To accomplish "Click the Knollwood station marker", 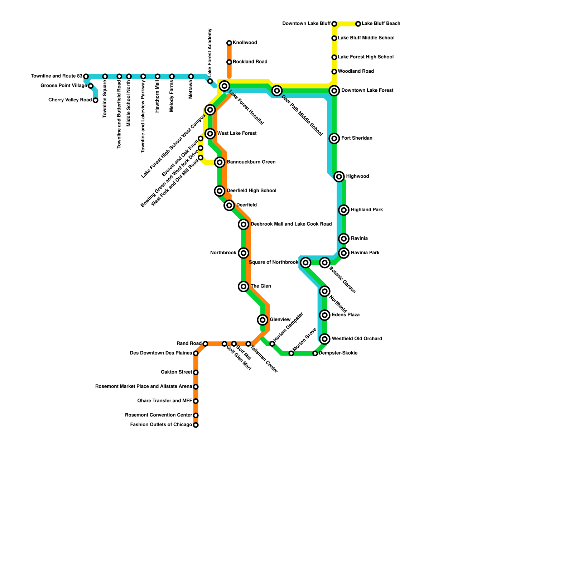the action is (229, 43).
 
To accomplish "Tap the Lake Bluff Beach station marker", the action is (358, 24).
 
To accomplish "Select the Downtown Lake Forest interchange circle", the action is (334, 91).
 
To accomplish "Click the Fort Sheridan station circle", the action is (334, 139).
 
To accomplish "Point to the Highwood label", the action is (357, 177).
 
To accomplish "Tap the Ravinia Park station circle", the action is (344, 253).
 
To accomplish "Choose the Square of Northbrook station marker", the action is (305, 263).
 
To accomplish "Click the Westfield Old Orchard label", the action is (357, 339).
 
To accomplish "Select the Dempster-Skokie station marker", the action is (315, 353).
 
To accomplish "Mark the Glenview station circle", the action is (263, 320).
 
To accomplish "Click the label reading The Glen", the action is (261, 286).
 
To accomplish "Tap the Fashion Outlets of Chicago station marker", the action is (196, 425).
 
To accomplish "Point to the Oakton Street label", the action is (177, 372).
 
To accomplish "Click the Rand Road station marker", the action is (205, 344).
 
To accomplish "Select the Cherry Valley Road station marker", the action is (95, 100).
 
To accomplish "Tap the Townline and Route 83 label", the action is (57, 76).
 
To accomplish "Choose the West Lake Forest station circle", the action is (210, 134).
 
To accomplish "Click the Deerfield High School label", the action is (251, 191).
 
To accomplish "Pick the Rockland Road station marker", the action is (229, 62).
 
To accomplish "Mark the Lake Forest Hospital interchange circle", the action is (225, 86).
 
